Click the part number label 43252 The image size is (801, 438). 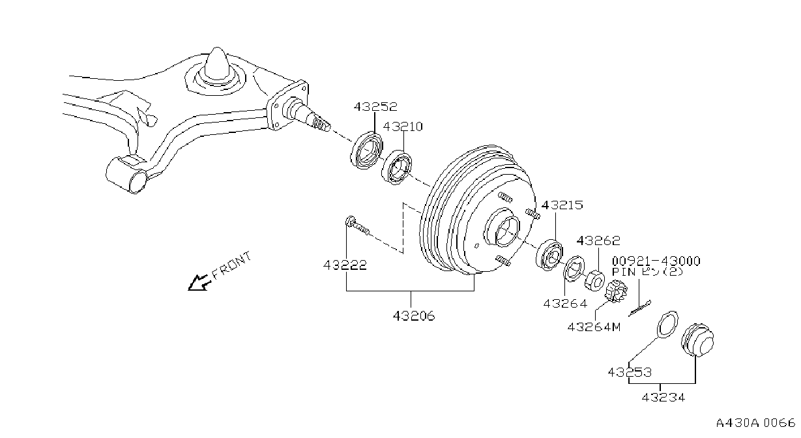375,106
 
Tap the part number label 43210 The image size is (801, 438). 403,126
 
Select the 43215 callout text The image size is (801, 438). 562,205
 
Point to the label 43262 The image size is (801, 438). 598,241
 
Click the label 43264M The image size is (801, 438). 594,327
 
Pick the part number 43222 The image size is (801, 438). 345,265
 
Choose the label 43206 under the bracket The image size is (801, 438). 414,315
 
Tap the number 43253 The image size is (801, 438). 630,372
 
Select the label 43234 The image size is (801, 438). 663,397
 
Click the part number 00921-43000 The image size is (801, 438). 656,261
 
